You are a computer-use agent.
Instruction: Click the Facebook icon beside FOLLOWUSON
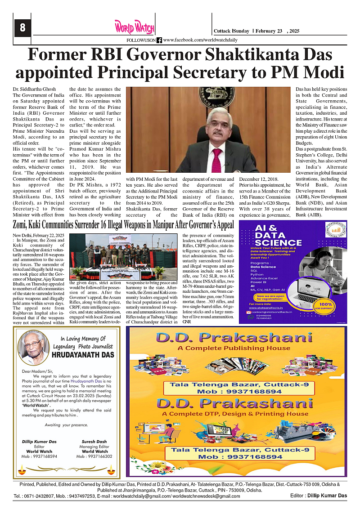(159, 40)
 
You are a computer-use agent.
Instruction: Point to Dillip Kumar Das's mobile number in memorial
(39, 456)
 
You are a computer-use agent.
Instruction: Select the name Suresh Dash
(94, 442)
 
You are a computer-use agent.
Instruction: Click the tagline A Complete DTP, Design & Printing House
(235, 414)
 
